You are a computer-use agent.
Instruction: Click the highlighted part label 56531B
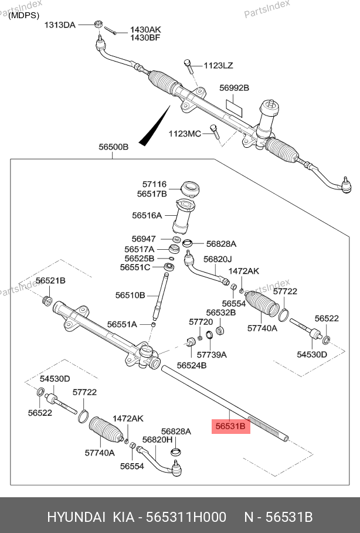[x=230, y=426]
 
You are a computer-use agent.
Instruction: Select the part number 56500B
[x=113, y=147]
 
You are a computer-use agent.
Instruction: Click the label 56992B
[x=235, y=88]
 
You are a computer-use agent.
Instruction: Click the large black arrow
[x=155, y=125]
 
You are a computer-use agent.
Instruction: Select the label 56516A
[x=147, y=215]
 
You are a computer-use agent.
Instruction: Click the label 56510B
[x=130, y=295]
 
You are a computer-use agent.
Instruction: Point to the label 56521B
[x=50, y=281]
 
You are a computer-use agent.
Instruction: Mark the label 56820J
[x=218, y=259]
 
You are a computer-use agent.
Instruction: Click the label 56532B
[x=220, y=313]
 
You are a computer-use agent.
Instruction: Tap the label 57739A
[x=212, y=355]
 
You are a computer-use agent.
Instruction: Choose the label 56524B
[x=192, y=365]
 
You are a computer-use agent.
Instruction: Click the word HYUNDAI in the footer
[x=73, y=517]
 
